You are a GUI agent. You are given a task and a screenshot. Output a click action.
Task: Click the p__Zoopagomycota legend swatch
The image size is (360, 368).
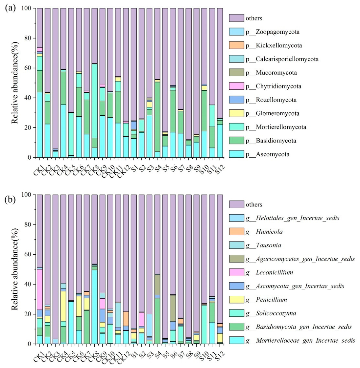[236, 32]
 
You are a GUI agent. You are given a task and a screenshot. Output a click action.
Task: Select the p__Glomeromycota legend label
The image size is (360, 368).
[273, 113]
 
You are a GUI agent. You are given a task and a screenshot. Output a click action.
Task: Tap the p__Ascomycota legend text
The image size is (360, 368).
[268, 154]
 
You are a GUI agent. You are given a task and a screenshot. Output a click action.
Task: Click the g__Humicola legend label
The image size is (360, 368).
[264, 232]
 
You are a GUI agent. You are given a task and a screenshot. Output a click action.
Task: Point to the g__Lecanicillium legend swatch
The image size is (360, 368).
[236, 272]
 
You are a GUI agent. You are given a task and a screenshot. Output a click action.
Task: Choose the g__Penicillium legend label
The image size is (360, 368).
[266, 299]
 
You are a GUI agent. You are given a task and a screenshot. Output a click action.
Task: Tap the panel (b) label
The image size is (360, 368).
[10, 199]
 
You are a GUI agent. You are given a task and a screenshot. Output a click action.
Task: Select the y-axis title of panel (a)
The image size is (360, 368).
[15, 82]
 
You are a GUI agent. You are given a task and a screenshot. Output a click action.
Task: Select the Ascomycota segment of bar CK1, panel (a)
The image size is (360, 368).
[40, 125]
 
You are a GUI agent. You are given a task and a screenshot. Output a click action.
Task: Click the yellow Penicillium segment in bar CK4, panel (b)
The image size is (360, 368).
[63, 306]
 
